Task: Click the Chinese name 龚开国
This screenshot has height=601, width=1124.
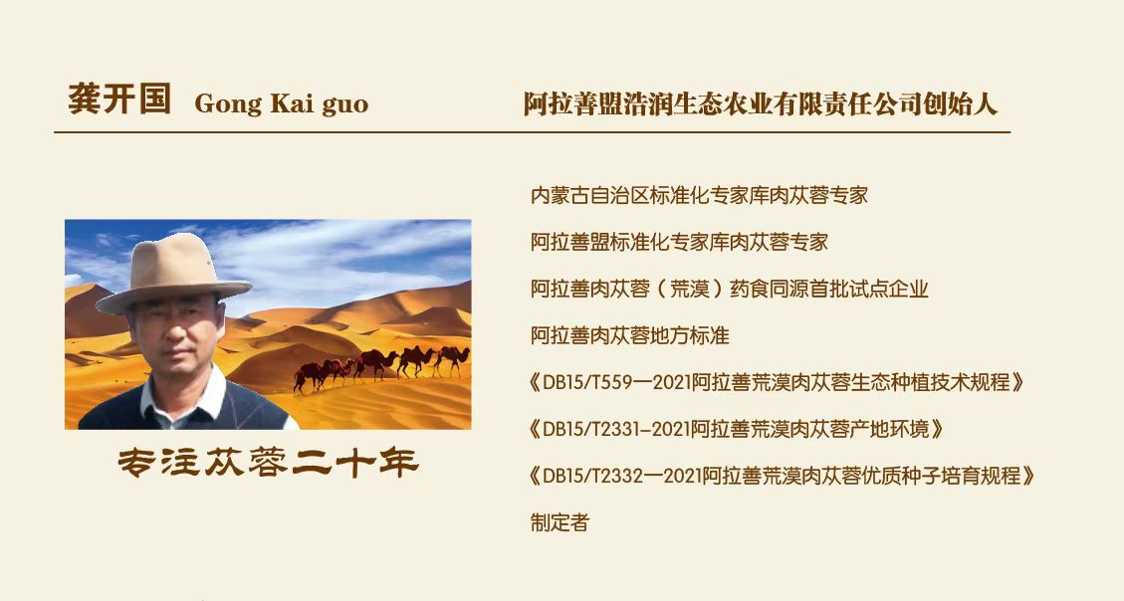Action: point(119,99)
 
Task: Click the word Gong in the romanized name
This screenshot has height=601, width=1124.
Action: point(227,104)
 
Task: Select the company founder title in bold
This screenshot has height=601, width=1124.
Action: point(760,103)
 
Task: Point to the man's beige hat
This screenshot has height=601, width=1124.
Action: point(173,274)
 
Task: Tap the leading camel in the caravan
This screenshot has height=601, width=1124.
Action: point(452,359)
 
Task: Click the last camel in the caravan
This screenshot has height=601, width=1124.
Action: point(310,375)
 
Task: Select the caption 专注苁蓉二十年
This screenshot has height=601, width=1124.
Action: point(268,463)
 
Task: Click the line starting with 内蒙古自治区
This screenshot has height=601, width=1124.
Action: point(699,195)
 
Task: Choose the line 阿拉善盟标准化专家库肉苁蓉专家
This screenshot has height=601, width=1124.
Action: point(679,242)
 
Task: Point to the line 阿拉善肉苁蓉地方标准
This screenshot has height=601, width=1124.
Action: point(629,335)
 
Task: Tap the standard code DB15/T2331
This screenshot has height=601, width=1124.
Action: point(593,429)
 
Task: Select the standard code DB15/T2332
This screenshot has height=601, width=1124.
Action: point(593,476)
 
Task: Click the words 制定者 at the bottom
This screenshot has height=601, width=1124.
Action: point(560,522)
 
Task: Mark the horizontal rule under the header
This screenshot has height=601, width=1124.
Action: point(532,132)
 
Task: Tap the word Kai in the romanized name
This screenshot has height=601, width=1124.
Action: point(291,103)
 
